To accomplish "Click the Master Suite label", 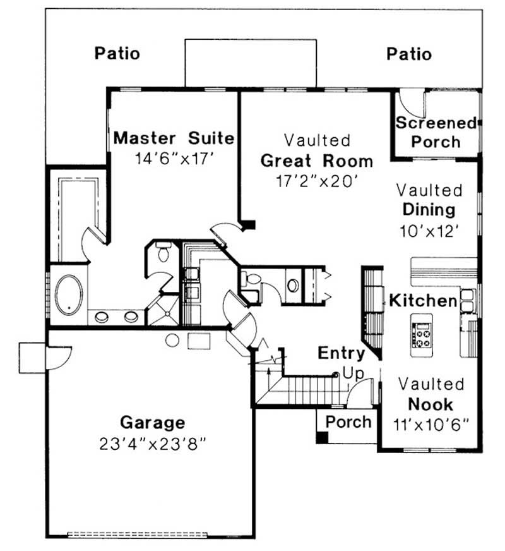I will [x=174, y=138].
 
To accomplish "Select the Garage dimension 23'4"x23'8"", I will [x=153, y=444].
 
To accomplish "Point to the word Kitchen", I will [x=422, y=301].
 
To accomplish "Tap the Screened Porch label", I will [x=436, y=132].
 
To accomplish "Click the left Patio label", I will [x=117, y=54].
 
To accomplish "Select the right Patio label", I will [x=409, y=54].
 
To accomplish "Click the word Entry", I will [x=341, y=353].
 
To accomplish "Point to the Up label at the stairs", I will [x=353, y=374].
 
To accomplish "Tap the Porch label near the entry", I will [x=348, y=421].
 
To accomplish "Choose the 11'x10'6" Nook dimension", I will [x=432, y=423].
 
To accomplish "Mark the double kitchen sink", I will [x=468, y=301].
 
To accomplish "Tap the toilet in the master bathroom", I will [x=163, y=252].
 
